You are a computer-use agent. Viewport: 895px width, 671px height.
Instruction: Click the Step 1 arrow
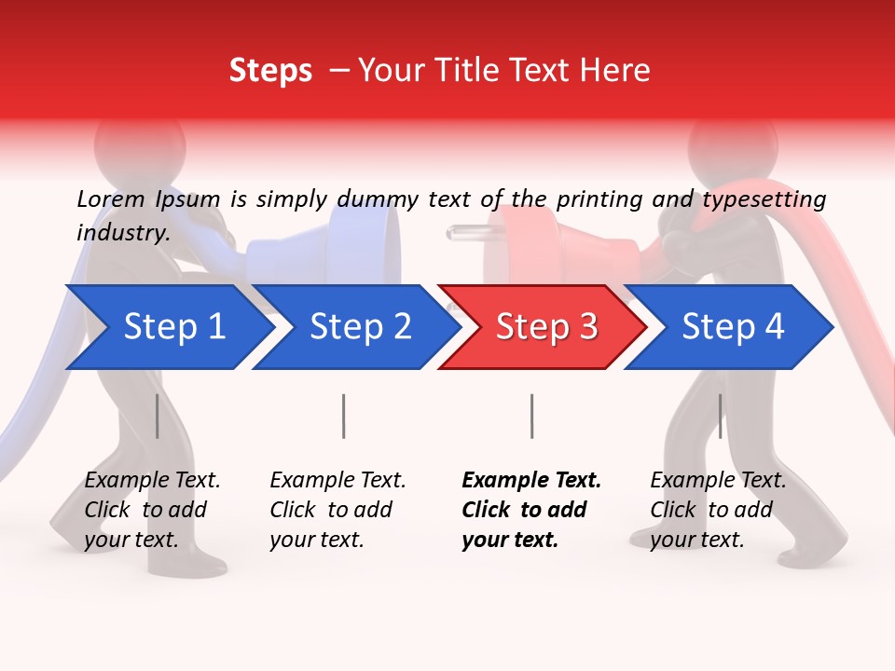point(168,327)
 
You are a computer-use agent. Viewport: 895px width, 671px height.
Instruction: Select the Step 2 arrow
point(354,327)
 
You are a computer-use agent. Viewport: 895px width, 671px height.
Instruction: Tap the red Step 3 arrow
point(541,327)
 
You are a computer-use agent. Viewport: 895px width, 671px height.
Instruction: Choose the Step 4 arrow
point(727,327)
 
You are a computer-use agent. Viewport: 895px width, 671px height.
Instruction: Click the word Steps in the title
point(270,70)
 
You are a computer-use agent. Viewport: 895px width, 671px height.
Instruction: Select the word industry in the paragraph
point(121,232)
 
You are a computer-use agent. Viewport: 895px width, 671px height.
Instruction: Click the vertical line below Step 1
point(157,416)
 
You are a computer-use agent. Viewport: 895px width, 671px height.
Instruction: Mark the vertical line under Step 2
point(344,416)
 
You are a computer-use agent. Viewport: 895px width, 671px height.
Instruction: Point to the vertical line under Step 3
point(531,416)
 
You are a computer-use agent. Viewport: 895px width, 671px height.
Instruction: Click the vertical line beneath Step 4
point(720,416)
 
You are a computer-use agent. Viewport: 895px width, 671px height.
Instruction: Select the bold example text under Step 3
point(531,510)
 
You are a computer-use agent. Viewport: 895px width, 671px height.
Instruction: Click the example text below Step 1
point(152,510)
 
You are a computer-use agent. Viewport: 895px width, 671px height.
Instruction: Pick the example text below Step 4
point(718,510)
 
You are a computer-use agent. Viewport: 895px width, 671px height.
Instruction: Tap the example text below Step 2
point(337,510)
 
